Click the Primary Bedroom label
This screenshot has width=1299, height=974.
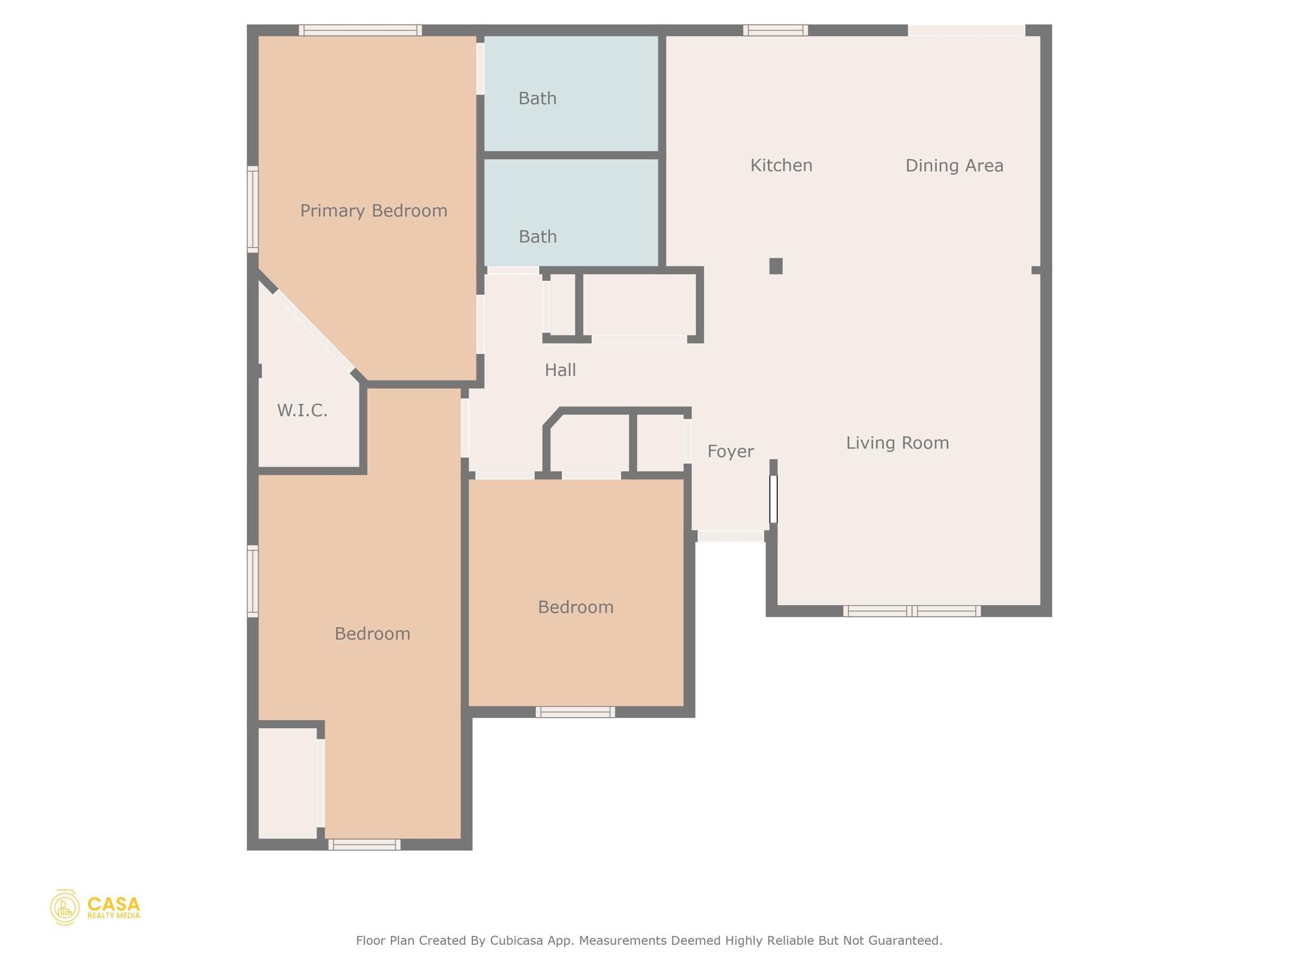(x=374, y=211)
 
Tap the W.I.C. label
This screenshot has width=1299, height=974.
(x=302, y=411)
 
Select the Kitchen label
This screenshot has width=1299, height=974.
(x=781, y=166)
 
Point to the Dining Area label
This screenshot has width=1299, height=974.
(x=954, y=166)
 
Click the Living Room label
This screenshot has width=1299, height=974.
(x=897, y=443)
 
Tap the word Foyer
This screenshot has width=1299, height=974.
(x=730, y=451)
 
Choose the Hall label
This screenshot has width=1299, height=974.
(x=560, y=370)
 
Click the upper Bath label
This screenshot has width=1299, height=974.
(x=537, y=99)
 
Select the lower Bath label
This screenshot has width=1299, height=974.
(x=537, y=237)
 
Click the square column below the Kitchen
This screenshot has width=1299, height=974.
(x=775, y=266)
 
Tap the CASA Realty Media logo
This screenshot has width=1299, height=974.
(x=95, y=907)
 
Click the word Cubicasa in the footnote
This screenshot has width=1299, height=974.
(x=516, y=940)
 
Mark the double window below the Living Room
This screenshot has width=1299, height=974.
(x=911, y=611)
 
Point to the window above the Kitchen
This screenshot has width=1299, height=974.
(x=775, y=30)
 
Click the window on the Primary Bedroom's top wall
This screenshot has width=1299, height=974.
(x=360, y=30)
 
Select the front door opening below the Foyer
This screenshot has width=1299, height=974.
(x=730, y=536)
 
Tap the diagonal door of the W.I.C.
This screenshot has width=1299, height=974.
(x=314, y=331)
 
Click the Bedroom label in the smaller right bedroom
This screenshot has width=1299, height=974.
(x=575, y=607)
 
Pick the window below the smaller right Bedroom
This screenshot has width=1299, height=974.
(x=575, y=712)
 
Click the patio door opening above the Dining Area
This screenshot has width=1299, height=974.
(x=966, y=30)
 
